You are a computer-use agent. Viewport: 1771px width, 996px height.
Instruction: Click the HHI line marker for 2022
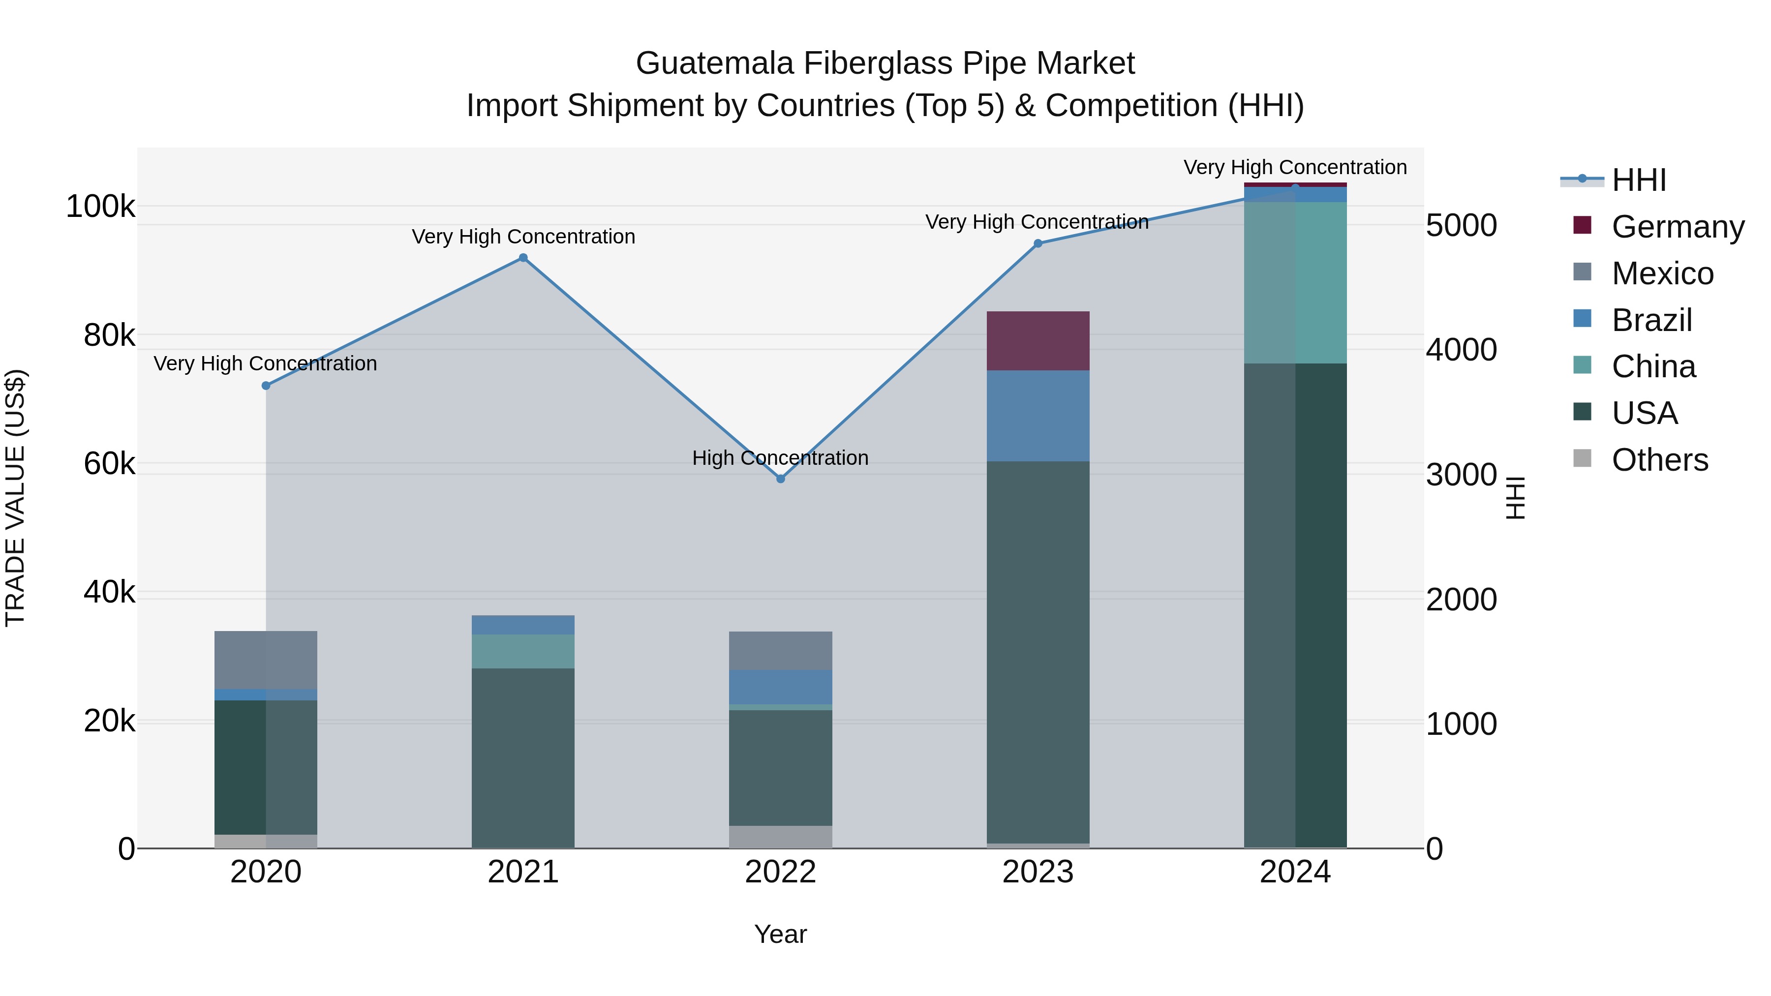pyautogui.click(x=780, y=479)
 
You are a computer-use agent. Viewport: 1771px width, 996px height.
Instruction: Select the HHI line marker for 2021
pyautogui.click(x=523, y=258)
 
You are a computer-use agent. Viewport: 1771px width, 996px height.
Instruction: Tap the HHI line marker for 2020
pyautogui.click(x=266, y=386)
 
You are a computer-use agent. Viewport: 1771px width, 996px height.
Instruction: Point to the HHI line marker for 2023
pyautogui.click(x=1038, y=243)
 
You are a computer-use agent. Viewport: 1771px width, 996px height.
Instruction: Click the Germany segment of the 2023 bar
pyautogui.click(x=1038, y=341)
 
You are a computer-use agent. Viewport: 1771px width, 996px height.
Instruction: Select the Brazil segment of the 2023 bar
pyautogui.click(x=1038, y=416)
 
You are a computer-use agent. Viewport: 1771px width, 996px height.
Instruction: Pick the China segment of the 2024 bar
pyautogui.click(x=1295, y=282)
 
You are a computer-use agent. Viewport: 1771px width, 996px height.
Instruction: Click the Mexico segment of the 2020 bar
pyautogui.click(x=266, y=660)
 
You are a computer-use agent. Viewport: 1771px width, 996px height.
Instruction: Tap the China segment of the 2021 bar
pyautogui.click(x=523, y=651)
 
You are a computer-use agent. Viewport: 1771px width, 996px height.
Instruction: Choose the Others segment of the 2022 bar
pyautogui.click(x=780, y=837)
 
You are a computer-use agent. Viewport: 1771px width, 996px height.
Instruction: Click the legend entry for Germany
pyautogui.click(x=1678, y=227)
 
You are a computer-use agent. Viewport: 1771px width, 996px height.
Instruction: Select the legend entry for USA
pyautogui.click(x=1645, y=413)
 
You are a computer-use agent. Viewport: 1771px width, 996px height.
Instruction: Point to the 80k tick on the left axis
pyautogui.click(x=109, y=335)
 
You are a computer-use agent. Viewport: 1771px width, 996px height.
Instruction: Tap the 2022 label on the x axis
pyautogui.click(x=780, y=872)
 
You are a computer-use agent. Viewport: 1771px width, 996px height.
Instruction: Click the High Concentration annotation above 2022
pyautogui.click(x=780, y=458)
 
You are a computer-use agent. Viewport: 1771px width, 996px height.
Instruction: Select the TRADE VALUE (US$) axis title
pyautogui.click(x=15, y=498)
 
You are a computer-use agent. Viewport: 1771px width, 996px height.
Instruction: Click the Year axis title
pyautogui.click(x=780, y=934)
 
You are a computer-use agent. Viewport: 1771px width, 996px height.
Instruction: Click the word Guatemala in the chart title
pyautogui.click(x=714, y=63)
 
